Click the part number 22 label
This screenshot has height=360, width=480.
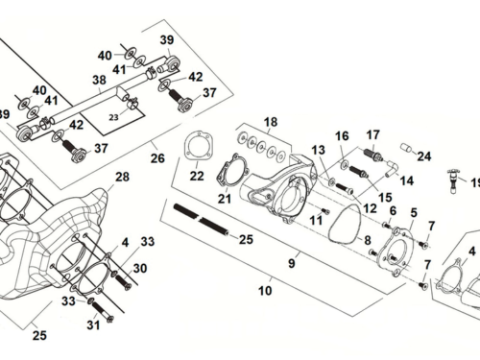point(197,176)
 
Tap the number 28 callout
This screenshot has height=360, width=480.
point(122,177)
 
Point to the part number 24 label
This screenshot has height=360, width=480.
point(424,156)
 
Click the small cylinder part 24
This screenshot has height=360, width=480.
point(406,148)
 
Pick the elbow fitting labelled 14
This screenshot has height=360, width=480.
point(392,168)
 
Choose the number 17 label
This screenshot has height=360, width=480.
point(373,134)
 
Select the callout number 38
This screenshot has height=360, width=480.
point(99,80)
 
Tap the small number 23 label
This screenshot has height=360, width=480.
point(113,117)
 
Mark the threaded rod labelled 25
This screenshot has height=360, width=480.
point(201,220)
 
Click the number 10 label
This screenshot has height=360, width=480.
point(265,291)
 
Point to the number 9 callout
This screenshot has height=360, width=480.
point(292,263)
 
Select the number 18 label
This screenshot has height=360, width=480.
point(271,122)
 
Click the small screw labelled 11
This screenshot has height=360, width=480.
point(325,211)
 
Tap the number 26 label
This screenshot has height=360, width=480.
point(157,158)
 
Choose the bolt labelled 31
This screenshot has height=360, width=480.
point(102,310)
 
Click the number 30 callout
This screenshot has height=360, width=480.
point(140,268)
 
